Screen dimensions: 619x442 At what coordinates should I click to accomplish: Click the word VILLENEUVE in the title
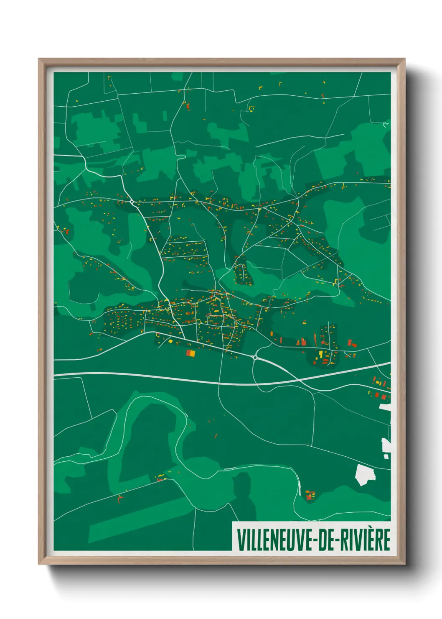coord(277,540)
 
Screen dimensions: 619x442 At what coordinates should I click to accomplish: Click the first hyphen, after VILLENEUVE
coord(317,541)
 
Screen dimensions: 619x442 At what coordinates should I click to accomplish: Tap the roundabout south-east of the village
coord(255,358)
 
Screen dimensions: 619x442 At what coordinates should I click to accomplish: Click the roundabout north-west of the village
coord(132,202)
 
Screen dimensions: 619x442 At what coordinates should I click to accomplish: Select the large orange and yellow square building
coord(191,353)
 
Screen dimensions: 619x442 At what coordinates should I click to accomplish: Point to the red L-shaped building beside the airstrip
coord(120,498)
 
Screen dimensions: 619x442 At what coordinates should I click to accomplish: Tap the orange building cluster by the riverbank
coord(309,495)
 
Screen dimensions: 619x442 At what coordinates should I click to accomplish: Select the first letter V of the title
coord(241,540)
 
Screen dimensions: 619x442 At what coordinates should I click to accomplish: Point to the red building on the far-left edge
coord(66,230)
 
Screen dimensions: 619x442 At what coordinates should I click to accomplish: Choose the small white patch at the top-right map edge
coord(386,124)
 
